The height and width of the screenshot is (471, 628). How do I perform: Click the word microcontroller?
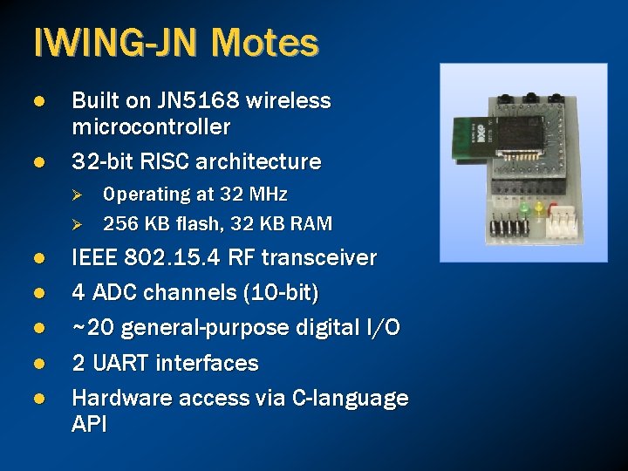pos(151,127)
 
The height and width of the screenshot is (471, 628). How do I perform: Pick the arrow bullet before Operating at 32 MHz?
pos(77,195)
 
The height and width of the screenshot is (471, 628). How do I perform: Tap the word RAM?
pos(311,224)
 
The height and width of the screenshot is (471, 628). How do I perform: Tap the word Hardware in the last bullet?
pos(121,399)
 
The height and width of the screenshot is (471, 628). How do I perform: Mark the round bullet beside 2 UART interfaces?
pos(38,363)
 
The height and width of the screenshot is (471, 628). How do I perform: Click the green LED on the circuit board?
pos(524,209)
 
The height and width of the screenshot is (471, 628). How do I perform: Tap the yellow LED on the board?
pos(538,208)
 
